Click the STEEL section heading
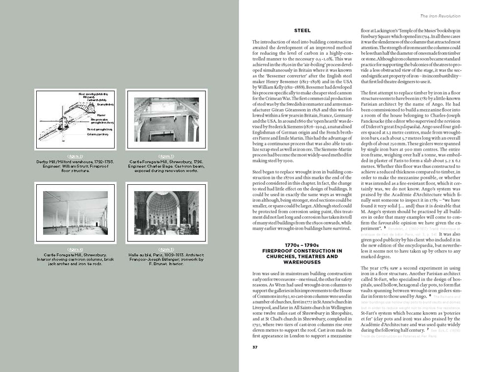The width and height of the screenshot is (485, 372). click(302, 31)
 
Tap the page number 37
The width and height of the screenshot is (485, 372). click(255, 347)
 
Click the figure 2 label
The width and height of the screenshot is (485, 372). click(75, 156)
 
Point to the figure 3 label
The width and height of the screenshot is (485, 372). click(166, 156)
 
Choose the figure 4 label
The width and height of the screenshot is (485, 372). click(75, 249)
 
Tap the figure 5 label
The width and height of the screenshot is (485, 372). click(166, 249)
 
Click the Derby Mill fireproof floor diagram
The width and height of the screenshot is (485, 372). click(75, 120)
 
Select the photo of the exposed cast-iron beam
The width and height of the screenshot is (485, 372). click(166, 119)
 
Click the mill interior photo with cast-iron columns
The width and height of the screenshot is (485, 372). click(75, 213)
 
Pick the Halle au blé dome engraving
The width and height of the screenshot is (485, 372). click(166, 213)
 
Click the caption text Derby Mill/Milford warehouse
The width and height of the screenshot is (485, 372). click(75, 161)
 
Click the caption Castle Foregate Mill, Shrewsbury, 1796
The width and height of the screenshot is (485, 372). click(166, 161)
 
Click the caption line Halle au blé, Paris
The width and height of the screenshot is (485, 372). click(166, 254)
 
